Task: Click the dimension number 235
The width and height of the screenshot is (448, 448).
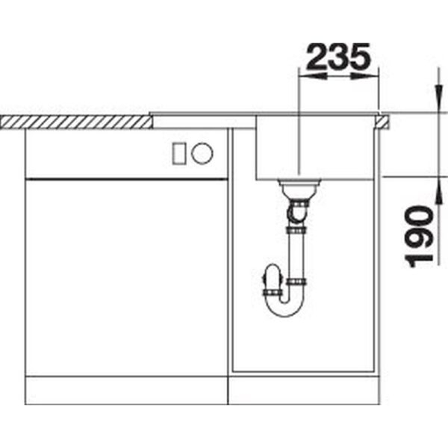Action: click(x=338, y=57)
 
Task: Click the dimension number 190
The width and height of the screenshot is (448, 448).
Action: click(x=420, y=237)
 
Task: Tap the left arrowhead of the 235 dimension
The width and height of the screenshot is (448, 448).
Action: click(x=312, y=76)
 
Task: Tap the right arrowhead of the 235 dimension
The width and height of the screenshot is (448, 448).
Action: click(x=365, y=76)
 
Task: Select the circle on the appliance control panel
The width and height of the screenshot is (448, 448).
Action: click(x=202, y=153)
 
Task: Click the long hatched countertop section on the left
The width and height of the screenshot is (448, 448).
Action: click(x=76, y=122)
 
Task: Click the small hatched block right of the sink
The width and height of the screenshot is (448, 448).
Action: click(x=382, y=122)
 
